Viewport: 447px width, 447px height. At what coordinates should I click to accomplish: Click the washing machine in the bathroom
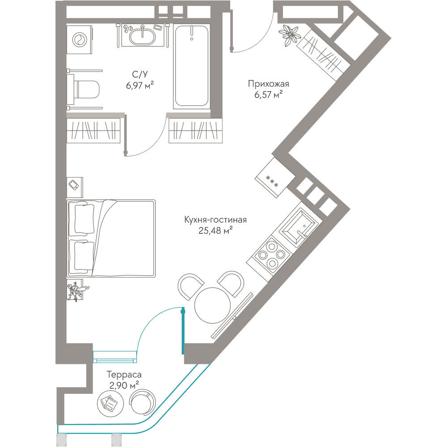tap(80, 40)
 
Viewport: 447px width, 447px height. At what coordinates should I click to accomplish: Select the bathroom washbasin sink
tap(143, 35)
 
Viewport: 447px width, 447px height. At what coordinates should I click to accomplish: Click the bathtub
tap(192, 67)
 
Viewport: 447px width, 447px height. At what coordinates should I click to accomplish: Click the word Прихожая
tap(268, 84)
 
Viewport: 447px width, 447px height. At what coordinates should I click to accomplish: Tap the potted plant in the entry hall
tap(290, 34)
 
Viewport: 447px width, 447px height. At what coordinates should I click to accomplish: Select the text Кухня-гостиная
tap(215, 220)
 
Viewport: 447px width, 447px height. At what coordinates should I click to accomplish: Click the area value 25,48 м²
tap(215, 230)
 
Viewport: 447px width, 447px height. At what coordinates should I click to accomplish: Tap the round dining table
tap(212, 305)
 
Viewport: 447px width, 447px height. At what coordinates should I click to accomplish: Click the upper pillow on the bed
tap(84, 219)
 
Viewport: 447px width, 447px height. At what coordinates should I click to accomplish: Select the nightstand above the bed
tap(75, 187)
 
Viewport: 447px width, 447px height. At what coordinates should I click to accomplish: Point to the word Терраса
tap(124, 375)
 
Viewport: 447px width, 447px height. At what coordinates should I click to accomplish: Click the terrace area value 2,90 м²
tap(124, 385)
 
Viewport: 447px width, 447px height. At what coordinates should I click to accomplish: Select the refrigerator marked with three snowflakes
tap(275, 177)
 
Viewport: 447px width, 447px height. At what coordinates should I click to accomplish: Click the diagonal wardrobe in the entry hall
tap(323, 55)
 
